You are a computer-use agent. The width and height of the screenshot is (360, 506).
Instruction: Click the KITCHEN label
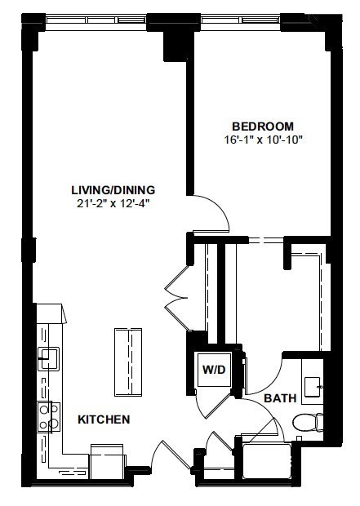tap(104, 419)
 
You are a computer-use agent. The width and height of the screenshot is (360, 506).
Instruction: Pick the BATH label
tap(280, 398)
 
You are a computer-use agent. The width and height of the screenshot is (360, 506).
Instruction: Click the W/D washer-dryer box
tap(214, 369)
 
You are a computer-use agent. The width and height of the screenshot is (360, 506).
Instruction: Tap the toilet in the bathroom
tap(308, 423)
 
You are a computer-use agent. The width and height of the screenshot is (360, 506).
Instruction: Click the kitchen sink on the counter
tap(49, 357)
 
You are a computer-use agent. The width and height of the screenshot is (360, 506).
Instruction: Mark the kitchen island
tap(128, 359)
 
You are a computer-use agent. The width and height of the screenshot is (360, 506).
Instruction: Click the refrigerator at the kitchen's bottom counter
tap(106, 461)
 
